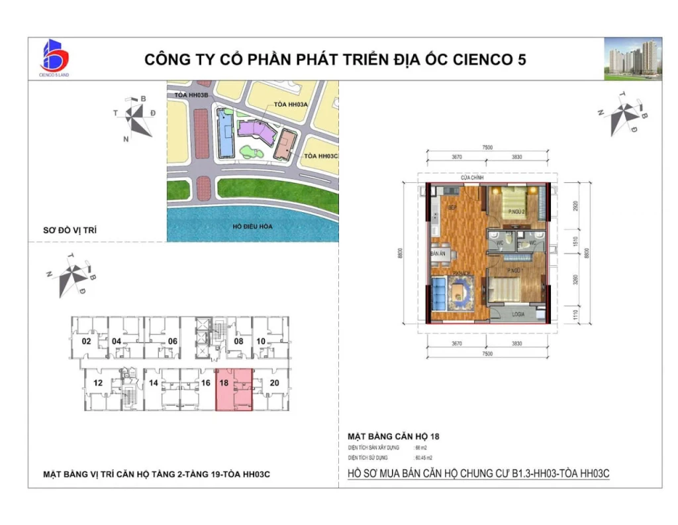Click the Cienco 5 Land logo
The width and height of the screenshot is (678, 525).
pyautogui.click(x=54, y=58)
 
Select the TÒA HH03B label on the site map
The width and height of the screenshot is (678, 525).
pyautogui.click(x=191, y=95)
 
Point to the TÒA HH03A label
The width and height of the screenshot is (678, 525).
pyautogui.click(x=291, y=105)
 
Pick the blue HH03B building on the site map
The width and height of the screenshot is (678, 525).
pyautogui.click(x=225, y=133)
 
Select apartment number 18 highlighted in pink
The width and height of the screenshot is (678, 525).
pyautogui.click(x=224, y=382)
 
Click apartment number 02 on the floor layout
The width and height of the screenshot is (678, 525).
pyautogui.click(x=86, y=341)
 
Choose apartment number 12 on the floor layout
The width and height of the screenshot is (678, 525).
pyautogui.click(x=98, y=382)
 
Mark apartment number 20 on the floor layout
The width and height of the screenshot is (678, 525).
pyautogui.click(x=275, y=382)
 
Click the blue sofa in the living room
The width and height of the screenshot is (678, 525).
pyautogui.click(x=438, y=291)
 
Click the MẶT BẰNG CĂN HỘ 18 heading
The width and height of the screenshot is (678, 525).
pyautogui.click(x=393, y=437)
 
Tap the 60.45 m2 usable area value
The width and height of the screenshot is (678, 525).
pyautogui.click(x=424, y=457)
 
